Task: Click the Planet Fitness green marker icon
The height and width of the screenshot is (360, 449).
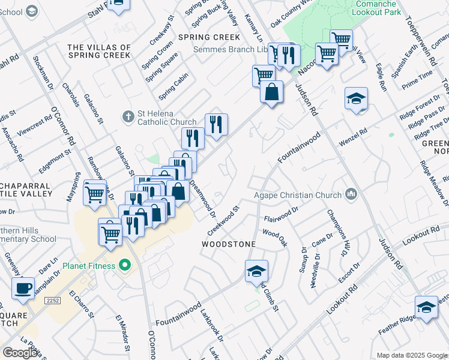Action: tap(125, 265)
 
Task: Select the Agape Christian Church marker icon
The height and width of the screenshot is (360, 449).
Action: tap(352, 194)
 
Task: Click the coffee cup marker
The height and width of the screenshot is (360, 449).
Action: tap(23, 288)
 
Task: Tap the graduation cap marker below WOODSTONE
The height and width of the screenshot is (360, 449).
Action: tap(256, 272)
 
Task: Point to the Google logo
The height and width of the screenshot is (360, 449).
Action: tap(20, 353)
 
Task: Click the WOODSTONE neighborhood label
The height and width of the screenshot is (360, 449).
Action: tap(229, 245)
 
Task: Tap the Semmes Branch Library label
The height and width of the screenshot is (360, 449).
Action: tap(230, 49)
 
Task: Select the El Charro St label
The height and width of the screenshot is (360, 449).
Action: tap(82, 304)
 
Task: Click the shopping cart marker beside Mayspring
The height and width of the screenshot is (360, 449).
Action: tap(94, 193)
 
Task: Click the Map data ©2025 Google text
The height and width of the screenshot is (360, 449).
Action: tap(412, 355)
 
